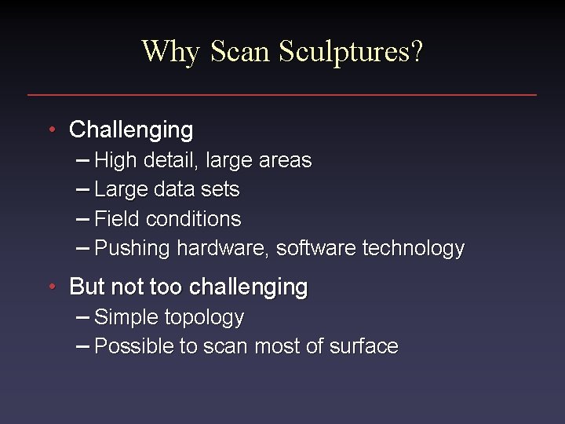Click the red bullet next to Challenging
click(51, 129)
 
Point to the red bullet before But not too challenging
click(51, 287)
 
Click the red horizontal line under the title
click(282, 95)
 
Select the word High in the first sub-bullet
click(114, 161)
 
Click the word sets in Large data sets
click(221, 190)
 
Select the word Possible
click(134, 347)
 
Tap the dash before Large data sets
click(83, 190)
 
